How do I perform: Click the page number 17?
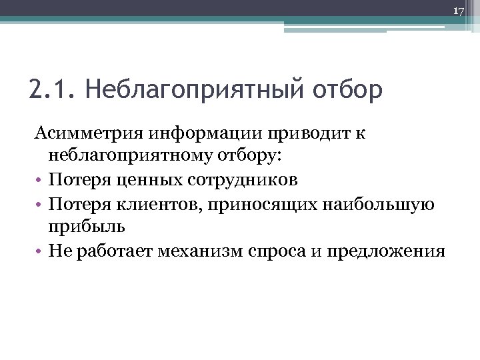[458, 11]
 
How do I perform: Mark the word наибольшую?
[377, 203]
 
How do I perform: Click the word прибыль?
[86, 227]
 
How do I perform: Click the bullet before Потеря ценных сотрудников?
[37, 181]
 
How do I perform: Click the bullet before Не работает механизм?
[37, 251]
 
